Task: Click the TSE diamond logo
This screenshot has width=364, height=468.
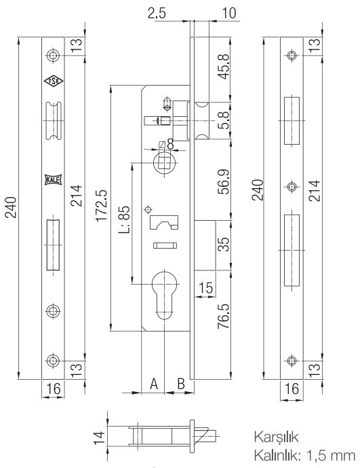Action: (54, 81)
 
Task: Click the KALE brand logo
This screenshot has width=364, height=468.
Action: (53, 180)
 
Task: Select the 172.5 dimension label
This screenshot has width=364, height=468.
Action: (102, 206)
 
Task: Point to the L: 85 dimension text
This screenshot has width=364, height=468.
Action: (124, 219)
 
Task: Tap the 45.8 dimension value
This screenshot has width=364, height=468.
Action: (224, 67)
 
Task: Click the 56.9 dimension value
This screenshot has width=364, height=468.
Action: (224, 182)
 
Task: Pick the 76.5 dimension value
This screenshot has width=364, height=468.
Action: (224, 317)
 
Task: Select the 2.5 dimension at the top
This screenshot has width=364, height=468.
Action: (157, 14)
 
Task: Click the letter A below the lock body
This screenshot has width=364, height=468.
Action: (154, 384)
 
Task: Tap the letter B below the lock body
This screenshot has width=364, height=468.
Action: (181, 384)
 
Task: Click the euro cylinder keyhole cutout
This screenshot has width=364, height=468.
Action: (165, 294)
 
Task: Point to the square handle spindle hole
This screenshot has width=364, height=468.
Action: (165, 162)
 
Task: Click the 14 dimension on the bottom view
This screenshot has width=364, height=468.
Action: (100, 437)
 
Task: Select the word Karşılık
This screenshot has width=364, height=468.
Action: (276, 437)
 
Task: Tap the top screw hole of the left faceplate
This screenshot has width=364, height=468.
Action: (53, 55)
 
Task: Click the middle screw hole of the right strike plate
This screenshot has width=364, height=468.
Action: (292, 187)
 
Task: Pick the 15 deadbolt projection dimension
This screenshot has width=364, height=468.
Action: (205, 288)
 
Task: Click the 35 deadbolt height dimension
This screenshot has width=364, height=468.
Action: (224, 245)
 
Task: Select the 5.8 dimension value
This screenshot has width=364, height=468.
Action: (224, 120)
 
